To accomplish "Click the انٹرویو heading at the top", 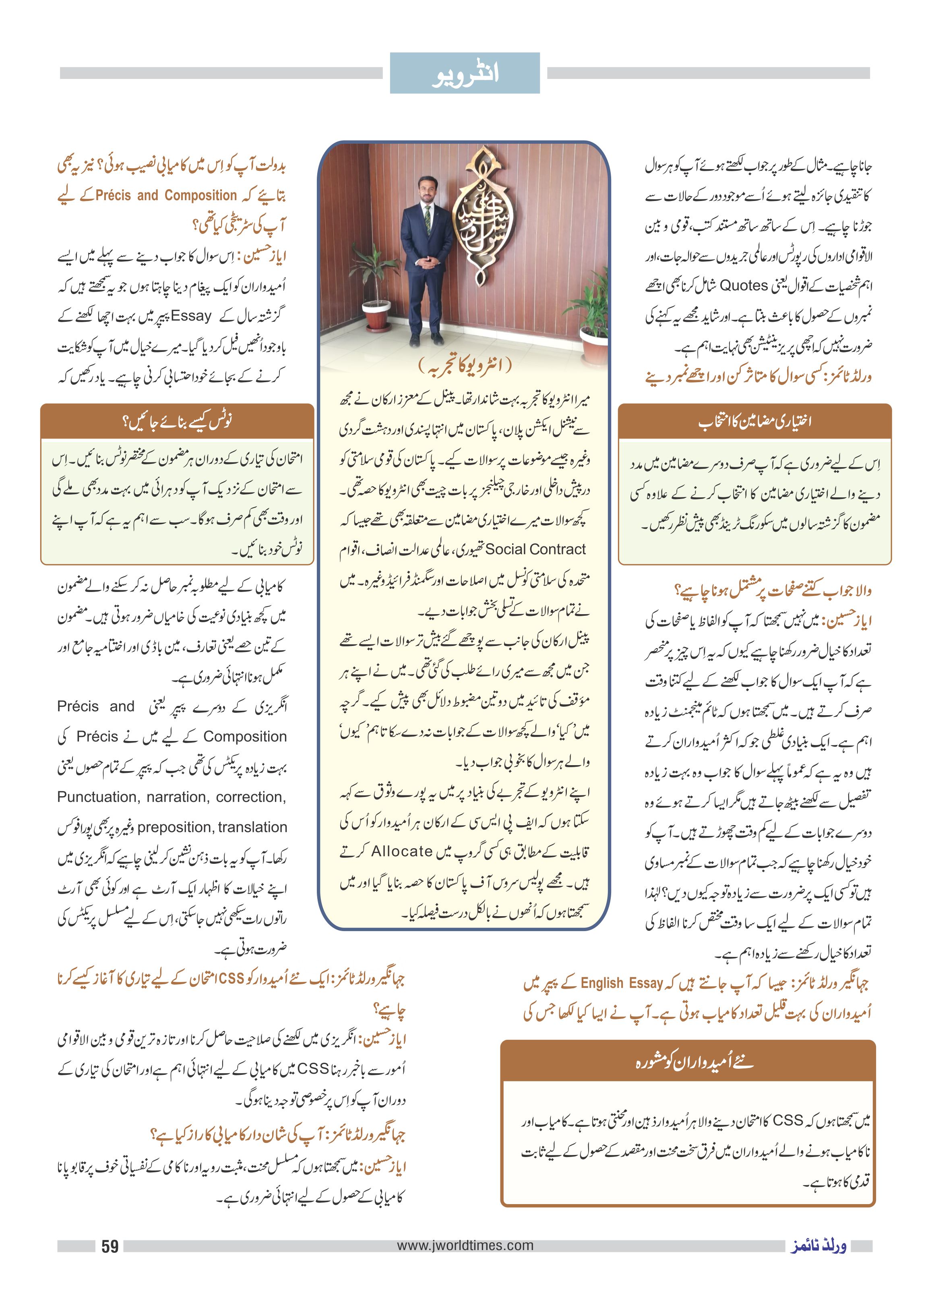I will [x=465, y=74].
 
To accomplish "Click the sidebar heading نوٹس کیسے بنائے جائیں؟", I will [x=178, y=422].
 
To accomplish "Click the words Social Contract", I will [x=535, y=549].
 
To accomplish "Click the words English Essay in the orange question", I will [x=622, y=983].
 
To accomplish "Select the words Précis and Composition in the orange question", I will [x=166, y=195].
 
